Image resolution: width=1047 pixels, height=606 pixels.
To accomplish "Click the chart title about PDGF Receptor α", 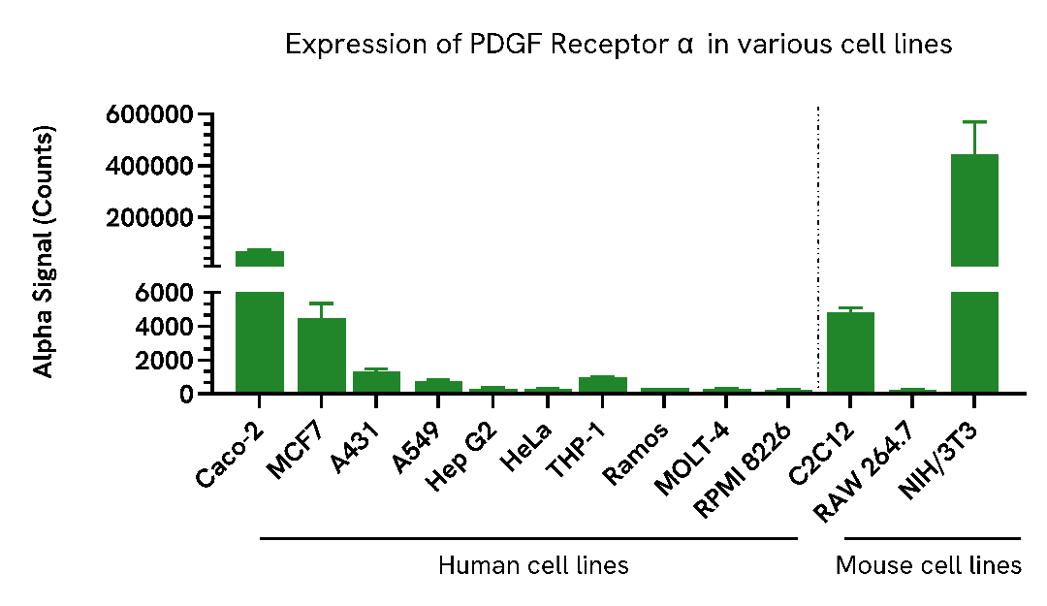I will [619, 45].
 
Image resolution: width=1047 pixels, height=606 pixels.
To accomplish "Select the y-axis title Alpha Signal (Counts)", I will [44, 251].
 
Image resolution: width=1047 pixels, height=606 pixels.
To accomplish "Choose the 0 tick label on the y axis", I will [188, 394].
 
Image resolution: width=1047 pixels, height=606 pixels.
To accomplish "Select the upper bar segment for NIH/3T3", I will [974, 209].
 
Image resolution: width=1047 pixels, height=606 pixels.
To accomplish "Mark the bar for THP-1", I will [603, 385].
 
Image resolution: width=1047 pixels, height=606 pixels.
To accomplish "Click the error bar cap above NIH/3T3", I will [974, 122].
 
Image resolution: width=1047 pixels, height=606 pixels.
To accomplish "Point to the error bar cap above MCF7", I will [322, 303].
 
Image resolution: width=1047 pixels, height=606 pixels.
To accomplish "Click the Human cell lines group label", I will [533, 565].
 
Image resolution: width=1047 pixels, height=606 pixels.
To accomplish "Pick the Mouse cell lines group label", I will [929, 565].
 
